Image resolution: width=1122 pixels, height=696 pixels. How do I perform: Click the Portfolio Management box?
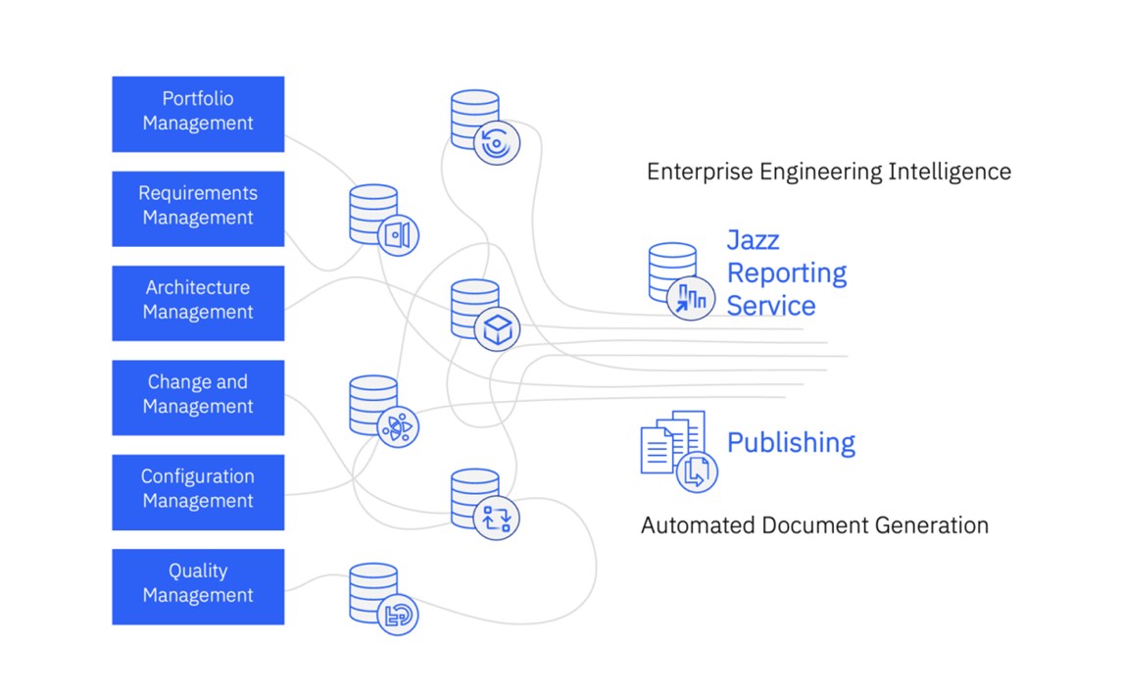click(x=198, y=114)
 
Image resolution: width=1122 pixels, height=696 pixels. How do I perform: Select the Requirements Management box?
click(x=198, y=208)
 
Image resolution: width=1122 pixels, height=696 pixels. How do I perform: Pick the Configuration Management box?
click(x=198, y=491)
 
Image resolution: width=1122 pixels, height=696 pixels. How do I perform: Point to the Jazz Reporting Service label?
click(x=786, y=273)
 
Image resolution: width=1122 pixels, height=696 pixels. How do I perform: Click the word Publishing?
click(x=791, y=442)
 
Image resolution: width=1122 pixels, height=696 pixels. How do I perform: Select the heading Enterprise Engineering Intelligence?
click(x=828, y=172)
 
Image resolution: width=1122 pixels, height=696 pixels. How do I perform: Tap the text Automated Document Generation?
click(x=814, y=525)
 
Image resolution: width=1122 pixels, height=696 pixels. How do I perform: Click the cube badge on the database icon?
click(x=498, y=329)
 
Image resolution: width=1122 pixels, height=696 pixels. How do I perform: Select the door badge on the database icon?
click(x=398, y=235)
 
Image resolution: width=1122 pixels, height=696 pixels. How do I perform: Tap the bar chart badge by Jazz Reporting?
click(x=692, y=298)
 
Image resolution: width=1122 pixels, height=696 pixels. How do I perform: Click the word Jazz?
click(x=753, y=240)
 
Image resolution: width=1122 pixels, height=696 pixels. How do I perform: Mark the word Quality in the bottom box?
click(x=198, y=571)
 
